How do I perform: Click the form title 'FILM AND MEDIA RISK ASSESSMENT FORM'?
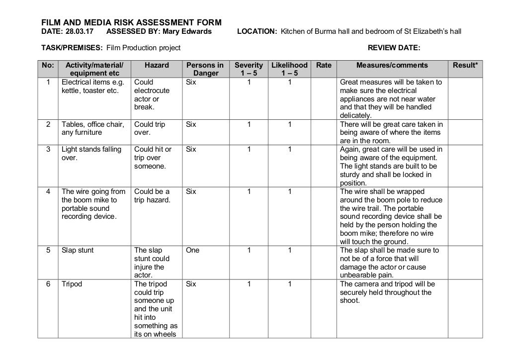point(131,22)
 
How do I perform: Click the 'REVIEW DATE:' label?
point(393,48)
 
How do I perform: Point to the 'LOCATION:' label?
point(257,32)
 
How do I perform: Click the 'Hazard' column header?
point(157,65)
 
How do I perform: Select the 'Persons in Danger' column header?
point(205,69)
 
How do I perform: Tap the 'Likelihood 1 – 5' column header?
point(289,69)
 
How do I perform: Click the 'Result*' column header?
point(465,65)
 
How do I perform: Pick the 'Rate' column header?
point(324,65)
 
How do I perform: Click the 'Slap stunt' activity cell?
point(78,251)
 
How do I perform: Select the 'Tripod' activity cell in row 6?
point(72,284)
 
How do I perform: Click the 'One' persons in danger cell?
point(192,251)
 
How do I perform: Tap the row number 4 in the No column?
point(48,191)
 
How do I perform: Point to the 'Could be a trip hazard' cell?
point(152,196)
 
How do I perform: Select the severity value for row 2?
point(249,124)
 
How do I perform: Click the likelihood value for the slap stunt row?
point(289,251)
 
